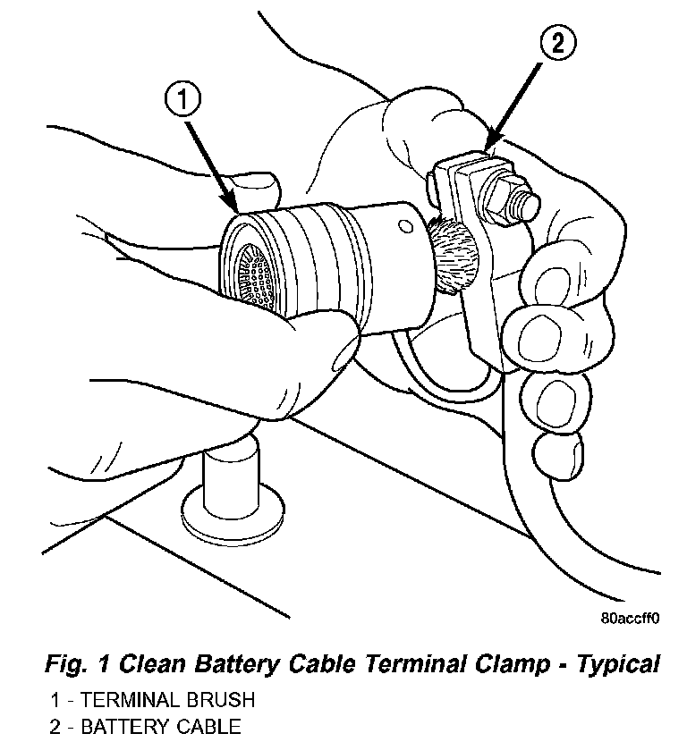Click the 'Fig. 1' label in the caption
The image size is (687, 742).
coord(77,664)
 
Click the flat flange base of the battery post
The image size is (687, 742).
coord(234,516)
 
